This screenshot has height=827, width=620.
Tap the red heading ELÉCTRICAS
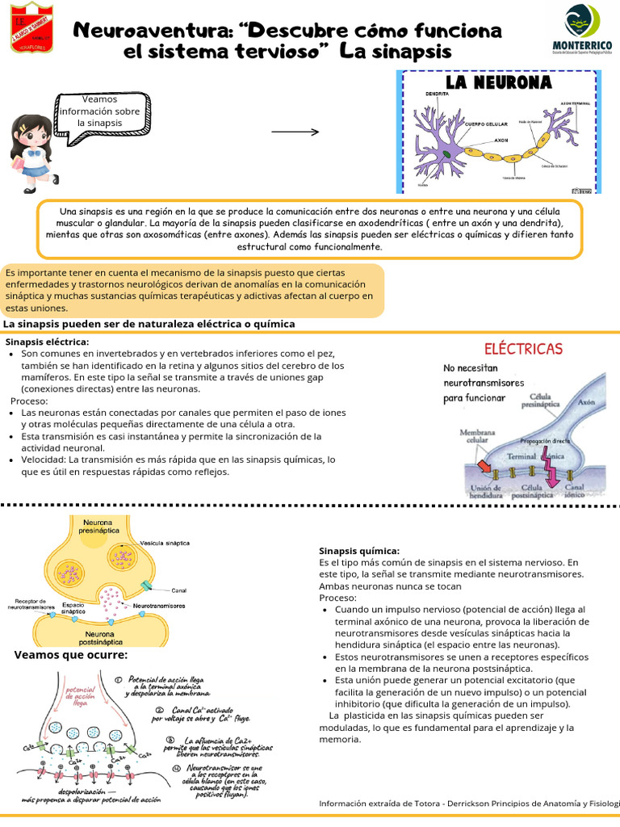[x=523, y=349]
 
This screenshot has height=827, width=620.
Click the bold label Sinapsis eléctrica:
[x=48, y=342]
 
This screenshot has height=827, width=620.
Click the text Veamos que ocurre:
[x=71, y=655]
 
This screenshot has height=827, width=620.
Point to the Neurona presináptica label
[x=98, y=527]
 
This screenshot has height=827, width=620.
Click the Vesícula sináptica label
[x=165, y=543]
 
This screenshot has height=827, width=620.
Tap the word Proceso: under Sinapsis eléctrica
[x=29, y=401]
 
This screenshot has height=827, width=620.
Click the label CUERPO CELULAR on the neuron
[x=485, y=124]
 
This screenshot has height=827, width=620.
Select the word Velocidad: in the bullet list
[x=44, y=460]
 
